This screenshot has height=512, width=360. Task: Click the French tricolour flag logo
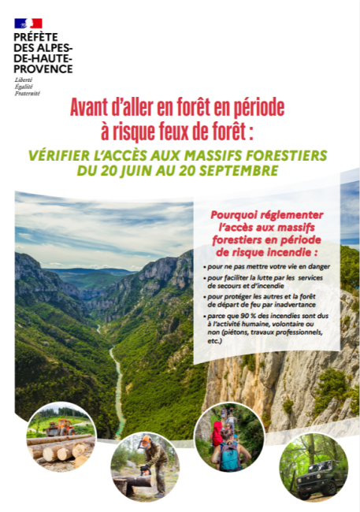point(28,24)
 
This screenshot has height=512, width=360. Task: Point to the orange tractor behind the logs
point(58,428)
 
